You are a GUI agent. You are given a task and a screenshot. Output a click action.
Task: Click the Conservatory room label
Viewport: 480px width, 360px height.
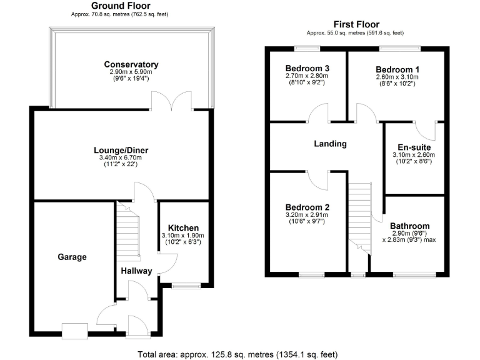pyautogui.click(x=131, y=64)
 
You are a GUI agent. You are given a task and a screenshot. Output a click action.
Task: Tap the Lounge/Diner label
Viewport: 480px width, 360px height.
pyautogui.click(x=121, y=150)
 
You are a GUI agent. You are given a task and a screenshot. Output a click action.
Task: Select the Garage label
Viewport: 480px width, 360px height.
pyautogui.click(x=72, y=257)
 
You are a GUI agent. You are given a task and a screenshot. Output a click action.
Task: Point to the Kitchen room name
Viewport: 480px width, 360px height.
pyautogui.click(x=184, y=227)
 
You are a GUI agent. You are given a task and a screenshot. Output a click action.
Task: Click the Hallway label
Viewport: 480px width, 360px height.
pyautogui.click(x=137, y=271)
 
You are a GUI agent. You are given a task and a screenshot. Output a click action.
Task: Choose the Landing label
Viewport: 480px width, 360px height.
pyautogui.click(x=330, y=144)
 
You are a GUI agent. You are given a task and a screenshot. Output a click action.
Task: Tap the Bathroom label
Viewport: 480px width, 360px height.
pyautogui.click(x=410, y=226)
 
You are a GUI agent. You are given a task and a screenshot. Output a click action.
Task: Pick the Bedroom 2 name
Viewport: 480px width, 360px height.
pyautogui.click(x=307, y=207)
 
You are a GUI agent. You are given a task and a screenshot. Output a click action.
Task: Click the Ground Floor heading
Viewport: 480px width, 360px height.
pyautogui.click(x=119, y=6)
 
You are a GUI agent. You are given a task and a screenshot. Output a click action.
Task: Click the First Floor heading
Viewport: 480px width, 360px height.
pyautogui.click(x=354, y=24)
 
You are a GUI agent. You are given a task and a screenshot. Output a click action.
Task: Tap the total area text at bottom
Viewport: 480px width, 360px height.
pyautogui.click(x=237, y=354)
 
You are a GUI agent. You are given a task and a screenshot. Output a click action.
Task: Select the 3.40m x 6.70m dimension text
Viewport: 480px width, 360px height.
pyautogui.click(x=121, y=159)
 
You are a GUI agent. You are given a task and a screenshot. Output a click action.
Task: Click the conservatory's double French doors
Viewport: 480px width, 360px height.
pyautogui.click(x=171, y=102)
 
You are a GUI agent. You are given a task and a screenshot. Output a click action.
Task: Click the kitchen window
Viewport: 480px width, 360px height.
pyautogui.click(x=186, y=286)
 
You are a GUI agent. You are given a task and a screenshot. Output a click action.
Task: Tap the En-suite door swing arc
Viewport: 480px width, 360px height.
pyautogui.click(x=427, y=131)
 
